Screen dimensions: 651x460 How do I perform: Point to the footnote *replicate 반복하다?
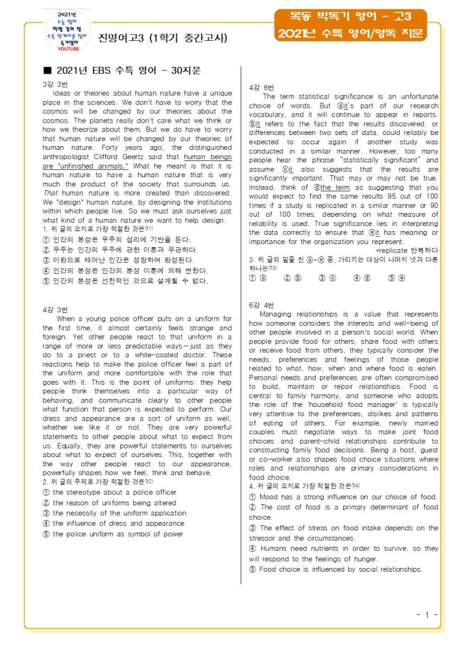407,250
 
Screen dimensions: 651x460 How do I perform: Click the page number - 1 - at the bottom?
427,614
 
